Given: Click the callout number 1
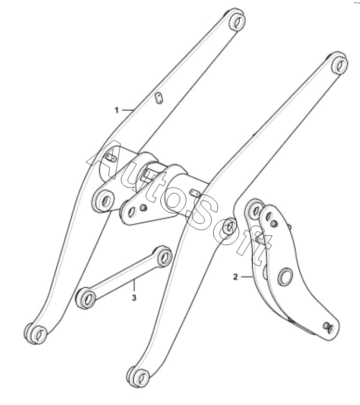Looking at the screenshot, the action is point(116,110).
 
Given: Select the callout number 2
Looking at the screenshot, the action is point(235,277).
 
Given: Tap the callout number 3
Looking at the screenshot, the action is point(134,298).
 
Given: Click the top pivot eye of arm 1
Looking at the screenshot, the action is point(235,21).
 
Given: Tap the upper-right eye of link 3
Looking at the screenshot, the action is point(165,258).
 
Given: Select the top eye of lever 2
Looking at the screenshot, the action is point(255,210).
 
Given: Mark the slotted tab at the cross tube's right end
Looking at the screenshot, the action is point(195,192).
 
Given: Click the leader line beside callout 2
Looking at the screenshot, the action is point(245,277).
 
